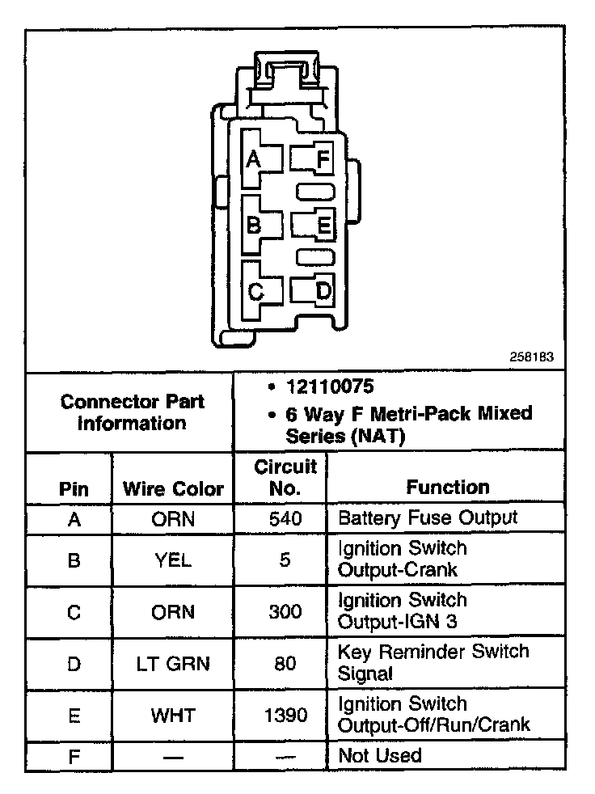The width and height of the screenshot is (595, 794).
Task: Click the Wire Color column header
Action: [x=173, y=488]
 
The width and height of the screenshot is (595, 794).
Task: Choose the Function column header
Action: [x=447, y=487]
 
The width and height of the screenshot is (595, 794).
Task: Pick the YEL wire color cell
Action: [x=173, y=560]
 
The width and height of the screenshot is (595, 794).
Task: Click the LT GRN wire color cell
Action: [x=173, y=664]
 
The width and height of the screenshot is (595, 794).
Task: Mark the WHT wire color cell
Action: [x=173, y=715]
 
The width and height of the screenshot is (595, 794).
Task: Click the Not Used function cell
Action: [x=379, y=756]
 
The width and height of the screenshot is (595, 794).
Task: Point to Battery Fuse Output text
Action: [x=428, y=517]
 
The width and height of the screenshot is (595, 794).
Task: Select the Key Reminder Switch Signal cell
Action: [x=433, y=662]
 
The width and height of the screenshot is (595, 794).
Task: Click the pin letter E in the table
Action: [x=74, y=715]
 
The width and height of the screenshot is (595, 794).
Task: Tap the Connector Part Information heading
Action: [x=133, y=412]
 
